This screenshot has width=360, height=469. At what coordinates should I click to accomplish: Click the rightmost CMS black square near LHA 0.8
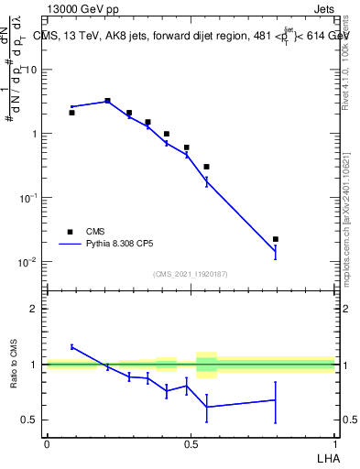point(276,239)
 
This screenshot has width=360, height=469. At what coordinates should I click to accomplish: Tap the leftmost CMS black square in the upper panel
point(71,113)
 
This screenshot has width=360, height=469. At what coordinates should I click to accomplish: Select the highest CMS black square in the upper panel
point(107,101)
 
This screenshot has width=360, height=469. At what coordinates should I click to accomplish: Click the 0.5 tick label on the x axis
point(190,442)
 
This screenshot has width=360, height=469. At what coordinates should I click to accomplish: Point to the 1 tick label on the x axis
point(333,442)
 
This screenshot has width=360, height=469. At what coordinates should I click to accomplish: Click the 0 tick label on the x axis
point(46,442)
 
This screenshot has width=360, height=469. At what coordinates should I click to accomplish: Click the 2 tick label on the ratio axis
point(34,309)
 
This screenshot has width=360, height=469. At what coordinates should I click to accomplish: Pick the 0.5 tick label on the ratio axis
point(29,420)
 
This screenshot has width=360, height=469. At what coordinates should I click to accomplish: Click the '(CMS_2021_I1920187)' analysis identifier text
point(190,274)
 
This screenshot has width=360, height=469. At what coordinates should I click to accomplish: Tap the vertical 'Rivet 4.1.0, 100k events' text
point(345,64)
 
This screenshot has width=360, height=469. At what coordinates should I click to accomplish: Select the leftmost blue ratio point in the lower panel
point(71,346)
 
